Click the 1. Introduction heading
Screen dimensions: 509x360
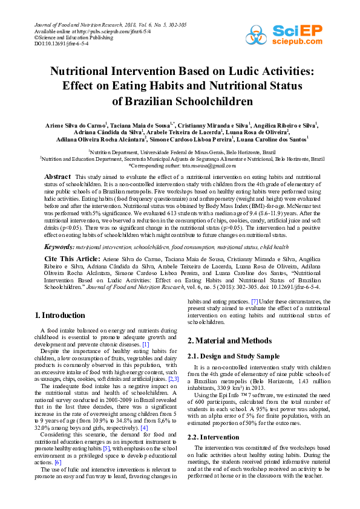tap(59, 316)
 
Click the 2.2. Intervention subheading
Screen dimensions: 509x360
tap(216, 436)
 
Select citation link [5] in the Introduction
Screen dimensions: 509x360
tap(106, 449)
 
